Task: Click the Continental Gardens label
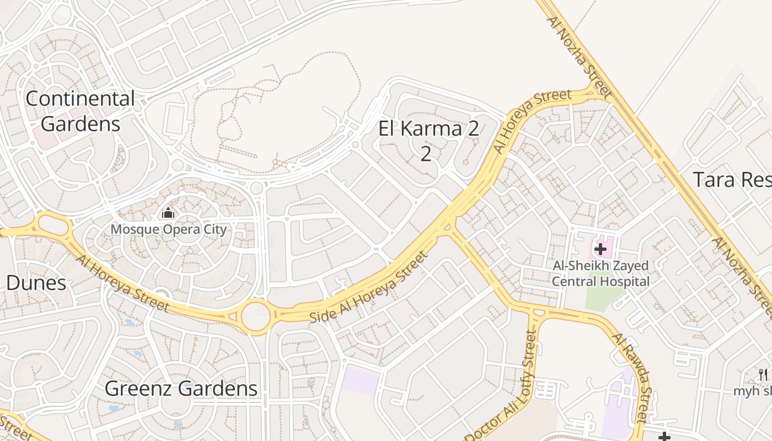pos(80,111)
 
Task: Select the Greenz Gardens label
pos(181,389)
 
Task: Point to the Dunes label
pos(36,283)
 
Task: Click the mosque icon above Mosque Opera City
pos(168,213)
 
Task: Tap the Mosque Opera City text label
pos(168,229)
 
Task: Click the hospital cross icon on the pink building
pos(600,249)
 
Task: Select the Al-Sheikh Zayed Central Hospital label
pos(601,273)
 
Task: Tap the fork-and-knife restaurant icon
pos(763,375)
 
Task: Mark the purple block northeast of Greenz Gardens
pos(360,382)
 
